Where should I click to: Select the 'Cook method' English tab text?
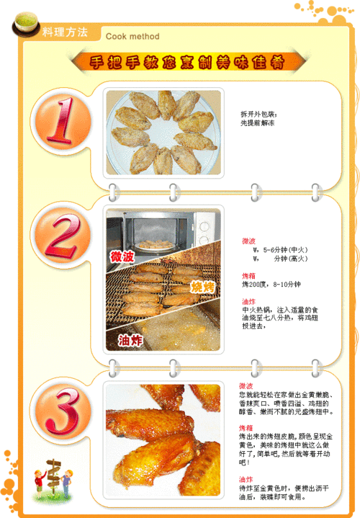click(132, 36)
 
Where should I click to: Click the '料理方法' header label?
click(65, 32)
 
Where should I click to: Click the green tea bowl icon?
click(27, 26)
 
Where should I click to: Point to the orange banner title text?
click(186, 63)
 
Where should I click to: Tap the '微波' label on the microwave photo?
click(122, 256)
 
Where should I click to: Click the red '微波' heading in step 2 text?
click(248, 241)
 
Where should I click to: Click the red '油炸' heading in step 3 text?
click(246, 479)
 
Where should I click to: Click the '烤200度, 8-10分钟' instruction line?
click(271, 285)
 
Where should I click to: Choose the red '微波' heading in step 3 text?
click(246, 386)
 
